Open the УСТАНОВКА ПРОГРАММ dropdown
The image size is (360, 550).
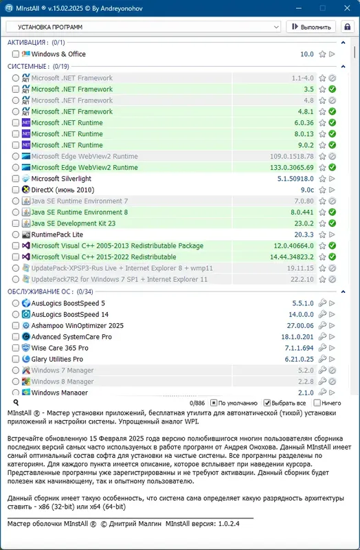[143, 27]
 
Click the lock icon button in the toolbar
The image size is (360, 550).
[346, 27]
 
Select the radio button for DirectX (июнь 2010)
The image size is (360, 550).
[16, 190]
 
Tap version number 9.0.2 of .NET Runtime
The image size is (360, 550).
[304, 145]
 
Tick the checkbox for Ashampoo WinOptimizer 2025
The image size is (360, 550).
[16, 326]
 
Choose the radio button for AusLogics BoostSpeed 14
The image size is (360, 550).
[16, 314]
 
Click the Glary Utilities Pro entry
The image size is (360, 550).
[57, 360]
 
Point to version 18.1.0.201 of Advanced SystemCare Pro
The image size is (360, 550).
[297, 337]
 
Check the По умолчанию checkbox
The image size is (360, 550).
[214, 403]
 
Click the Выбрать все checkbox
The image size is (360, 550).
[268, 403]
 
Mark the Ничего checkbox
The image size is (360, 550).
[317, 403]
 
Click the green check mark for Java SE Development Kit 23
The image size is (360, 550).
[332, 223]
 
